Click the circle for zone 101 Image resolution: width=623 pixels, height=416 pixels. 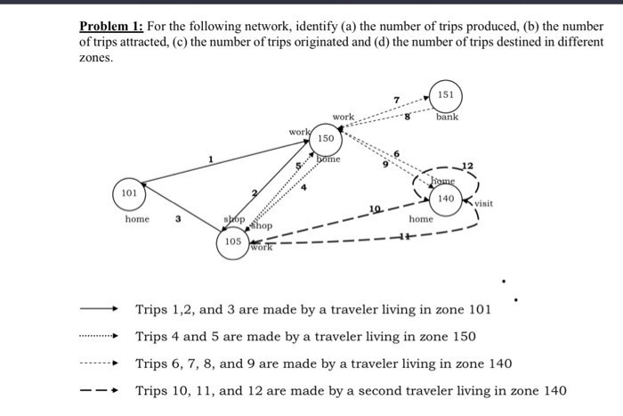pyautogui.click(x=129, y=193)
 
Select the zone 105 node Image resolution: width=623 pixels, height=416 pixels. pyautogui.click(x=233, y=241)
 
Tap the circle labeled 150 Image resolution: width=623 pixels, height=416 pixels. pyautogui.click(x=326, y=139)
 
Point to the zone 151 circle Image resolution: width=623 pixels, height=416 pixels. pyautogui.click(x=447, y=95)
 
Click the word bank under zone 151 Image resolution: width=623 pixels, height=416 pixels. pyautogui.click(x=448, y=118)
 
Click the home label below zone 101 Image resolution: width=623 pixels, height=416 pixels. pyautogui.click(x=137, y=218)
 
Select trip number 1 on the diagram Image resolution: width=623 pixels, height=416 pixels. pyautogui.click(x=211, y=159)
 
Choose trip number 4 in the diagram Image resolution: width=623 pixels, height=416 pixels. pyautogui.click(x=303, y=188)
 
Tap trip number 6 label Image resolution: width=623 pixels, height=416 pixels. pyautogui.click(x=397, y=155)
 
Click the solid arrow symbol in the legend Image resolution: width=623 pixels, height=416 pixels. pyautogui.click(x=99, y=310)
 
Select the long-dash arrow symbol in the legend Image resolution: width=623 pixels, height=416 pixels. pyautogui.click(x=99, y=391)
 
